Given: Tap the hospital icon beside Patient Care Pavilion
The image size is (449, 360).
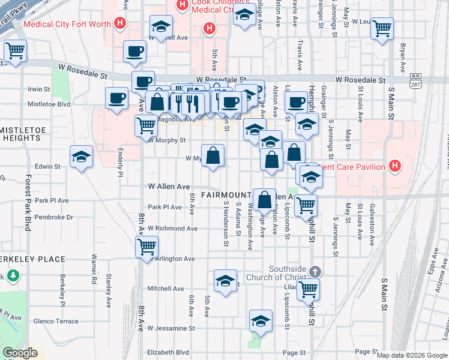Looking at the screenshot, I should (x=395, y=166).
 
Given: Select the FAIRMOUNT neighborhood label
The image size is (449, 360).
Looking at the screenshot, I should (x=226, y=195).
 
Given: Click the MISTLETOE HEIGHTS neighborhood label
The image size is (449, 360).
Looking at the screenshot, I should (x=20, y=133).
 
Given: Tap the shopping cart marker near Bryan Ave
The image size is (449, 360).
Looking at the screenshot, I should (x=382, y=28).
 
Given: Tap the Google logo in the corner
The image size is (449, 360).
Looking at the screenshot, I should (x=20, y=353).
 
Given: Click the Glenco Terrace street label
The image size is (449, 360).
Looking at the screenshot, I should (x=56, y=321).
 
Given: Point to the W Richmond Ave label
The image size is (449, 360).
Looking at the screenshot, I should (x=173, y=229).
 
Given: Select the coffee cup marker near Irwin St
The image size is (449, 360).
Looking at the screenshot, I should (x=116, y=98).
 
